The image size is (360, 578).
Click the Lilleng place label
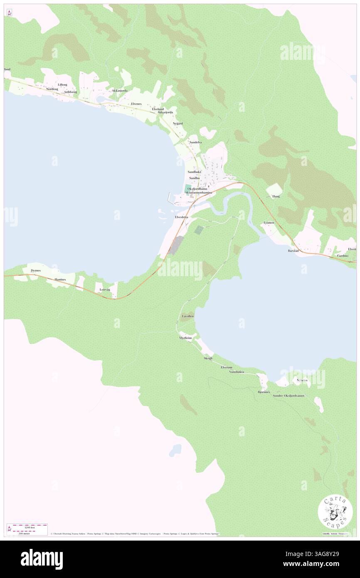pos(62,84)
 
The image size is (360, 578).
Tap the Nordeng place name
pos(52,89)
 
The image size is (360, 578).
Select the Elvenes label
pos(136,104)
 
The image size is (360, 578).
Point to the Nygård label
pos(178,124)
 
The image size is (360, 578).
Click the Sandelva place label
pos(195,142)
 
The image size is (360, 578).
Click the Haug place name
pos(276,196)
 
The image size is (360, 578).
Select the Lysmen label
pos(269,223)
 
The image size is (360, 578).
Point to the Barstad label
pos(293,251)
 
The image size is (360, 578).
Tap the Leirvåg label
pos(105,289)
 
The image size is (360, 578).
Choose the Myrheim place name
pos(185,338)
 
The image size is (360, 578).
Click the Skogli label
pos(208,358)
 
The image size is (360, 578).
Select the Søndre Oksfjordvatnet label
pos(288,395)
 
